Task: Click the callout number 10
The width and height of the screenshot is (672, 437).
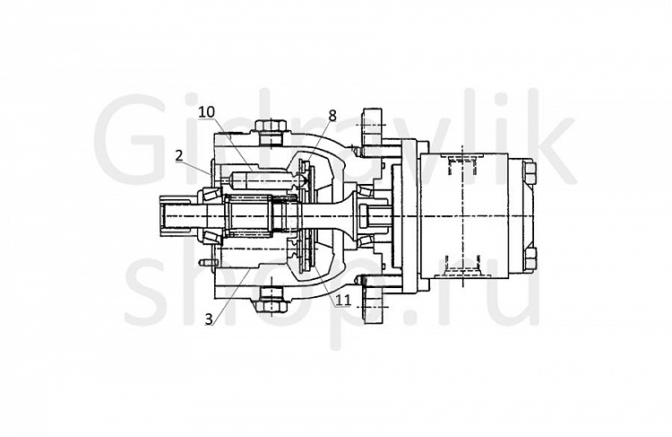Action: [206, 111]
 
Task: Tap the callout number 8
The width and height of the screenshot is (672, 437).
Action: [332, 116]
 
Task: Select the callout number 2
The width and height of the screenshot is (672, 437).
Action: [179, 155]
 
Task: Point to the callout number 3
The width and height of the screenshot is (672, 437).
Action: [209, 319]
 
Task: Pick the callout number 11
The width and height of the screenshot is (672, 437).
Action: [343, 300]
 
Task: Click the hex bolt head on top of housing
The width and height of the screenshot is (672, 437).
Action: [271, 127]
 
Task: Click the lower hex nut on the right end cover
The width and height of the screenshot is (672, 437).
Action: [530, 258]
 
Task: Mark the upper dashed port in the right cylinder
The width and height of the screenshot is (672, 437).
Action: [462, 165]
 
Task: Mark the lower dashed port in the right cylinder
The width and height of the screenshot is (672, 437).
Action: [462, 267]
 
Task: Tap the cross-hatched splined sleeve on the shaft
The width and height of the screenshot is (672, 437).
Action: [247, 215]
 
